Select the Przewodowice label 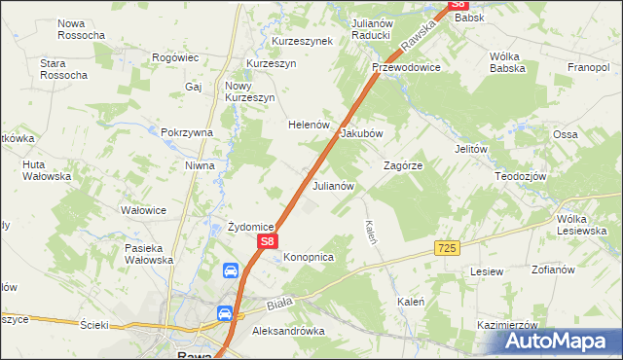407,67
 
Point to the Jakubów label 362,133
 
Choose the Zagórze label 403,165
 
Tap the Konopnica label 310,257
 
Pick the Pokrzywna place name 187,132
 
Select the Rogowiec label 175,58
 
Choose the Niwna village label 200,165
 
